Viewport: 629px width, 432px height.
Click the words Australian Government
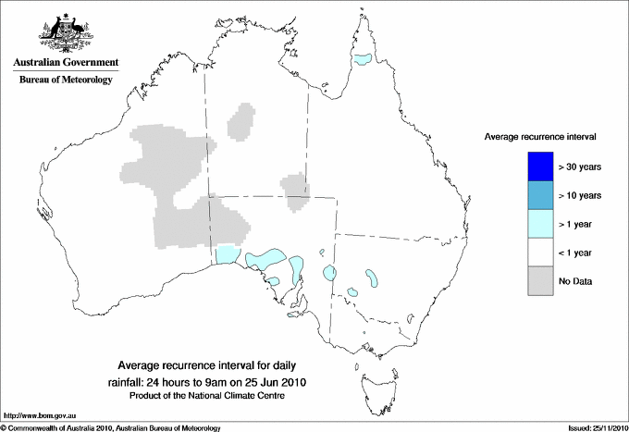pyautogui.click(x=62, y=63)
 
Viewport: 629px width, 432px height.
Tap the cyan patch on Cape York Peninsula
pyautogui.click(x=363, y=60)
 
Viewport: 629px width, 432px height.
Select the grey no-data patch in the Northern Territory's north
pyautogui.click(x=242, y=121)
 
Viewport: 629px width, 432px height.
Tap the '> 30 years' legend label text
pyautogui.click(x=581, y=167)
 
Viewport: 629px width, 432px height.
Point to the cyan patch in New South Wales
pyautogui.click(x=373, y=277)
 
